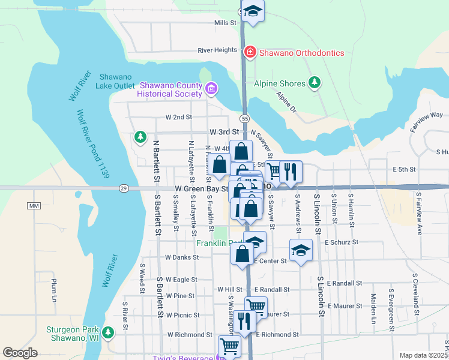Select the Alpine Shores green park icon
(x=314, y=83)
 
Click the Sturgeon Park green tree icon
(x=108, y=332)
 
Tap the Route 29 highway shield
(x=123, y=188)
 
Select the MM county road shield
(x=32, y=206)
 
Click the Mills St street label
(x=226, y=23)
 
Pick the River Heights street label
(x=217, y=50)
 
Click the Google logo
(x=20, y=353)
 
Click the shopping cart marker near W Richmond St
(x=229, y=345)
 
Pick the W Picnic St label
(x=182, y=314)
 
